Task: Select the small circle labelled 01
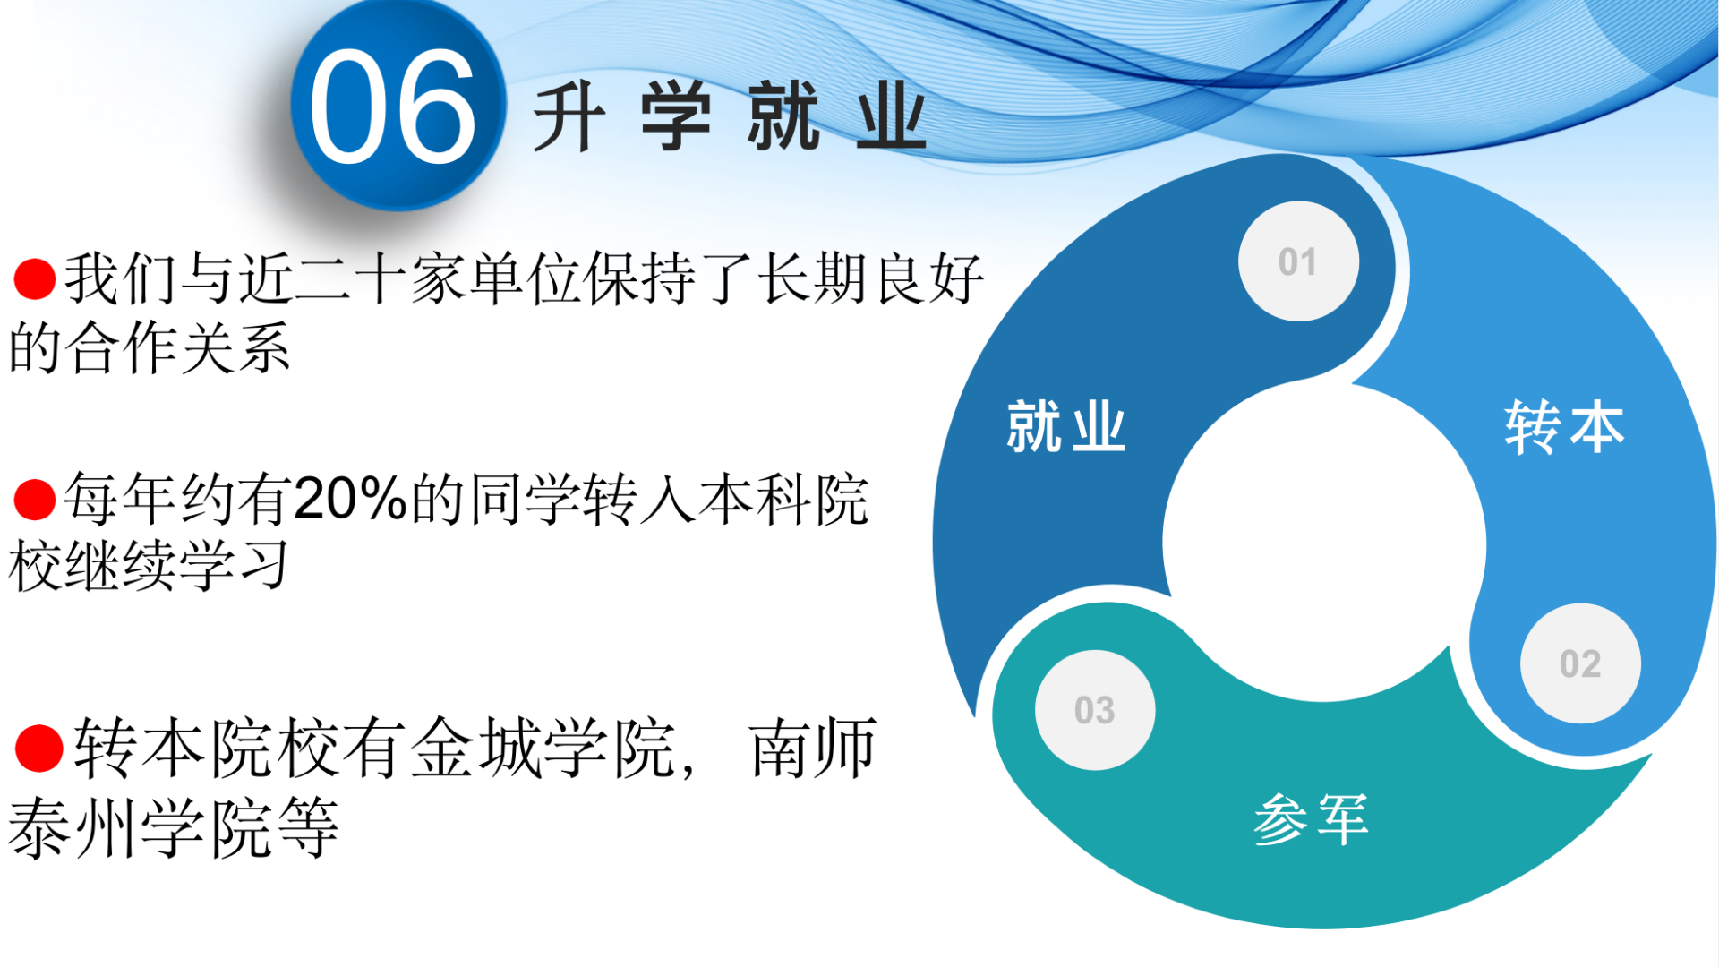[x=1298, y=261]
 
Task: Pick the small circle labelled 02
[x=1580, y=663]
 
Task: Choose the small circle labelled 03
[x=1095, y=710]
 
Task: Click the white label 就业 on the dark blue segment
[x=1065, y=427]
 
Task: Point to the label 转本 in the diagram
[x=1564, y=427]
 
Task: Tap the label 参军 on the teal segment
[x=1311, y=819]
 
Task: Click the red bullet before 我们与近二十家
[x=35, y=278]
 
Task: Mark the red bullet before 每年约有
[x=35, y=500]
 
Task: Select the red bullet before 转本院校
[x=38, y=749]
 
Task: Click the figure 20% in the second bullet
[x=351, y=499]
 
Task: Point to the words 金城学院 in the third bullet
[x=543, y=749]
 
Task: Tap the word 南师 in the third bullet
[x=813, y=749]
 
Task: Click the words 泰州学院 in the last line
[x=141, y=827]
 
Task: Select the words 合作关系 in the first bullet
[x=179, y=347]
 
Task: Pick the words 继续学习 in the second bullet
[x=178, y=566]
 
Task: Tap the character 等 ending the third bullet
[x=307, y=827]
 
